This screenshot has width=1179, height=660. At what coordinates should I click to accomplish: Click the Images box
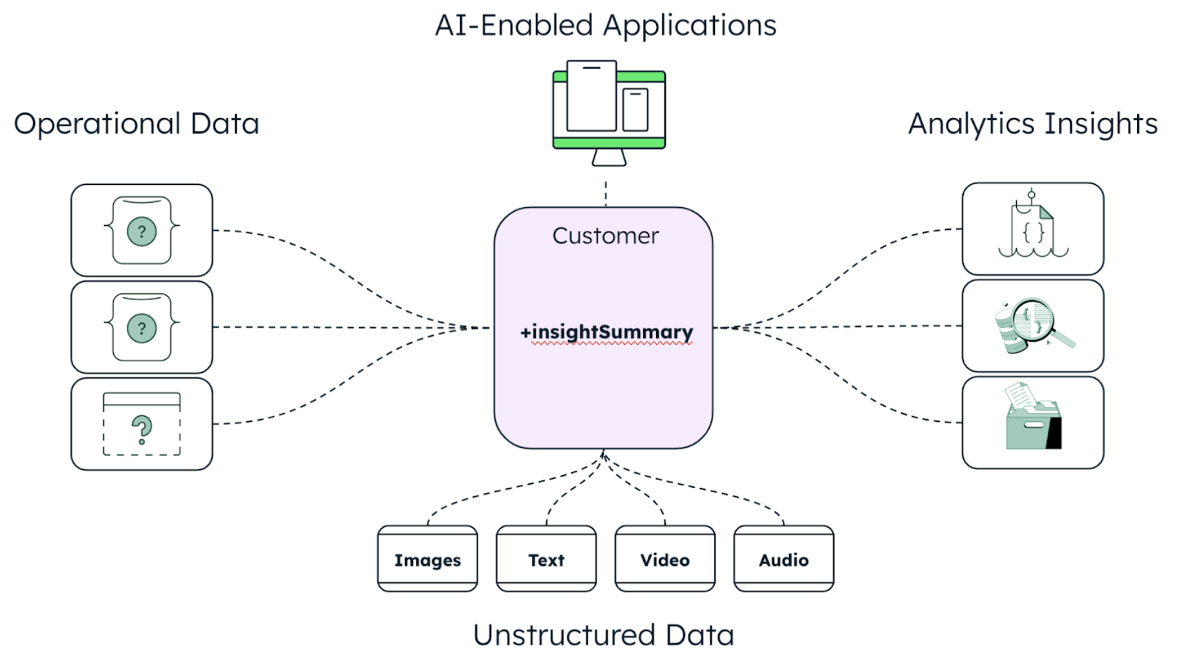point(427,559)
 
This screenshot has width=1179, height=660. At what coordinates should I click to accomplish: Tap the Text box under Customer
point(546,559)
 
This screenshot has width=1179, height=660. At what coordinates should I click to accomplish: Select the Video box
point(664,559)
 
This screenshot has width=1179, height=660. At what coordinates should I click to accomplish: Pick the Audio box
point(783,559)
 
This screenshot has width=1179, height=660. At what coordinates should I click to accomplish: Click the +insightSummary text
point(606,332)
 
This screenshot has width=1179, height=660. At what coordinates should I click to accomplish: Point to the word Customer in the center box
point(606,236)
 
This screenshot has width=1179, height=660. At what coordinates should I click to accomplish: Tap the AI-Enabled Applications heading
point(606,26)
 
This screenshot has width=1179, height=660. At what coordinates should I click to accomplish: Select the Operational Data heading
point(136,124)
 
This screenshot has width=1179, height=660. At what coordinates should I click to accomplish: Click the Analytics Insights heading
point(1032,124)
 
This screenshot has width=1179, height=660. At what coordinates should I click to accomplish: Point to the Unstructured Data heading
point(604,635)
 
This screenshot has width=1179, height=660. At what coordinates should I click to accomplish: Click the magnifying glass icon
point(1034,325)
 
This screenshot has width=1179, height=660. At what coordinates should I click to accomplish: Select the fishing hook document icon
point(1033,226)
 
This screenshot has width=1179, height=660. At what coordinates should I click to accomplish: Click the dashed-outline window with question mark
point(142,424)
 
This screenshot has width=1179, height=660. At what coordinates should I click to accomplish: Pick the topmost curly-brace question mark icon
point(142,230)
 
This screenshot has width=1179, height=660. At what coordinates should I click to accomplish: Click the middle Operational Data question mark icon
point(142,327)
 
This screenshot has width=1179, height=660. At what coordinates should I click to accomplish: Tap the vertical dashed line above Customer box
point(606,193)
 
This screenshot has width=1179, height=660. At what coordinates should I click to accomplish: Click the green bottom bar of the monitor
point(608,142)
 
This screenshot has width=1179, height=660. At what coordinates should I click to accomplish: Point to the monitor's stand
point(609,158)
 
